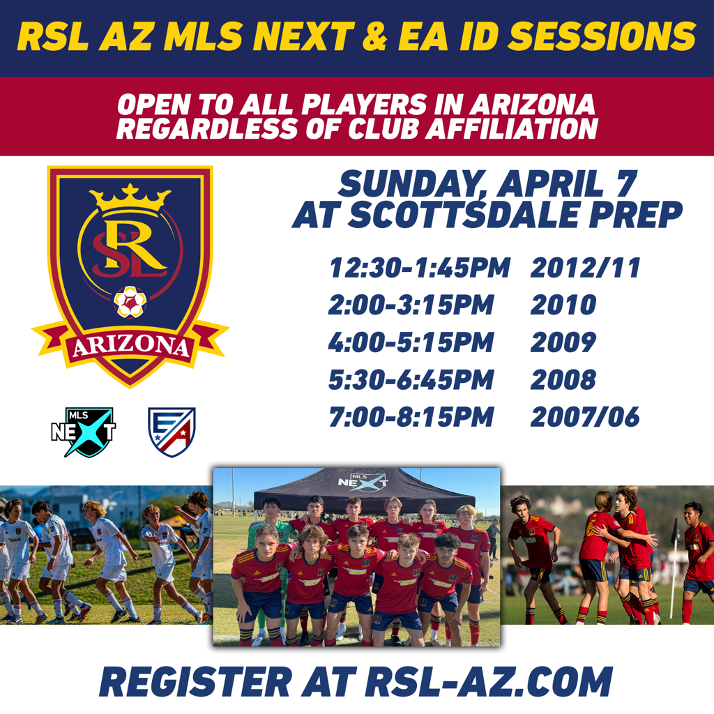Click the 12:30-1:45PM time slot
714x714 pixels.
pyautogui.click(x=419, y=267)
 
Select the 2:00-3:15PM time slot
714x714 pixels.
pyautogui.click(x=411, y=305)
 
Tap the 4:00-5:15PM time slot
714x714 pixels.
pyautogui.click(x=411, y=342)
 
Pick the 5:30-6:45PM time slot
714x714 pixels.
pyautogui.click(x=411, y=380)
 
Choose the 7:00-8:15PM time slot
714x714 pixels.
pyautogui.click(x=411, y=417)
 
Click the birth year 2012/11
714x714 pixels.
pyautogui.click(x=586, y=267)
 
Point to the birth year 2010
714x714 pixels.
pyautogui.click(x=563, y=305)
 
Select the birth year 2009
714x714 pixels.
pyautogui.click(x=563, y=342)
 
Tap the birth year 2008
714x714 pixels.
pyautogui.click(x=563, y=380)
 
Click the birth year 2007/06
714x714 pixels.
pyautogui.click(x=585, y=417)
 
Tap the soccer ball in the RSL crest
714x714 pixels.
pyautogui.click(x=130, y=302)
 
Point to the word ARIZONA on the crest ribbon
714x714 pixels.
pyautogui.click(x=130, y=347)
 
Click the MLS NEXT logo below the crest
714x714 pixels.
pyautogui.click(x=84, y=432)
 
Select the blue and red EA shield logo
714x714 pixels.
pyautogui.click(x=172, y=432)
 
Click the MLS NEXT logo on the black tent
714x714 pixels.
pyautogui.click(x=363, y=483)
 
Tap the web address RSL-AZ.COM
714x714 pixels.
pyautogui.click(x=489, y=682)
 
